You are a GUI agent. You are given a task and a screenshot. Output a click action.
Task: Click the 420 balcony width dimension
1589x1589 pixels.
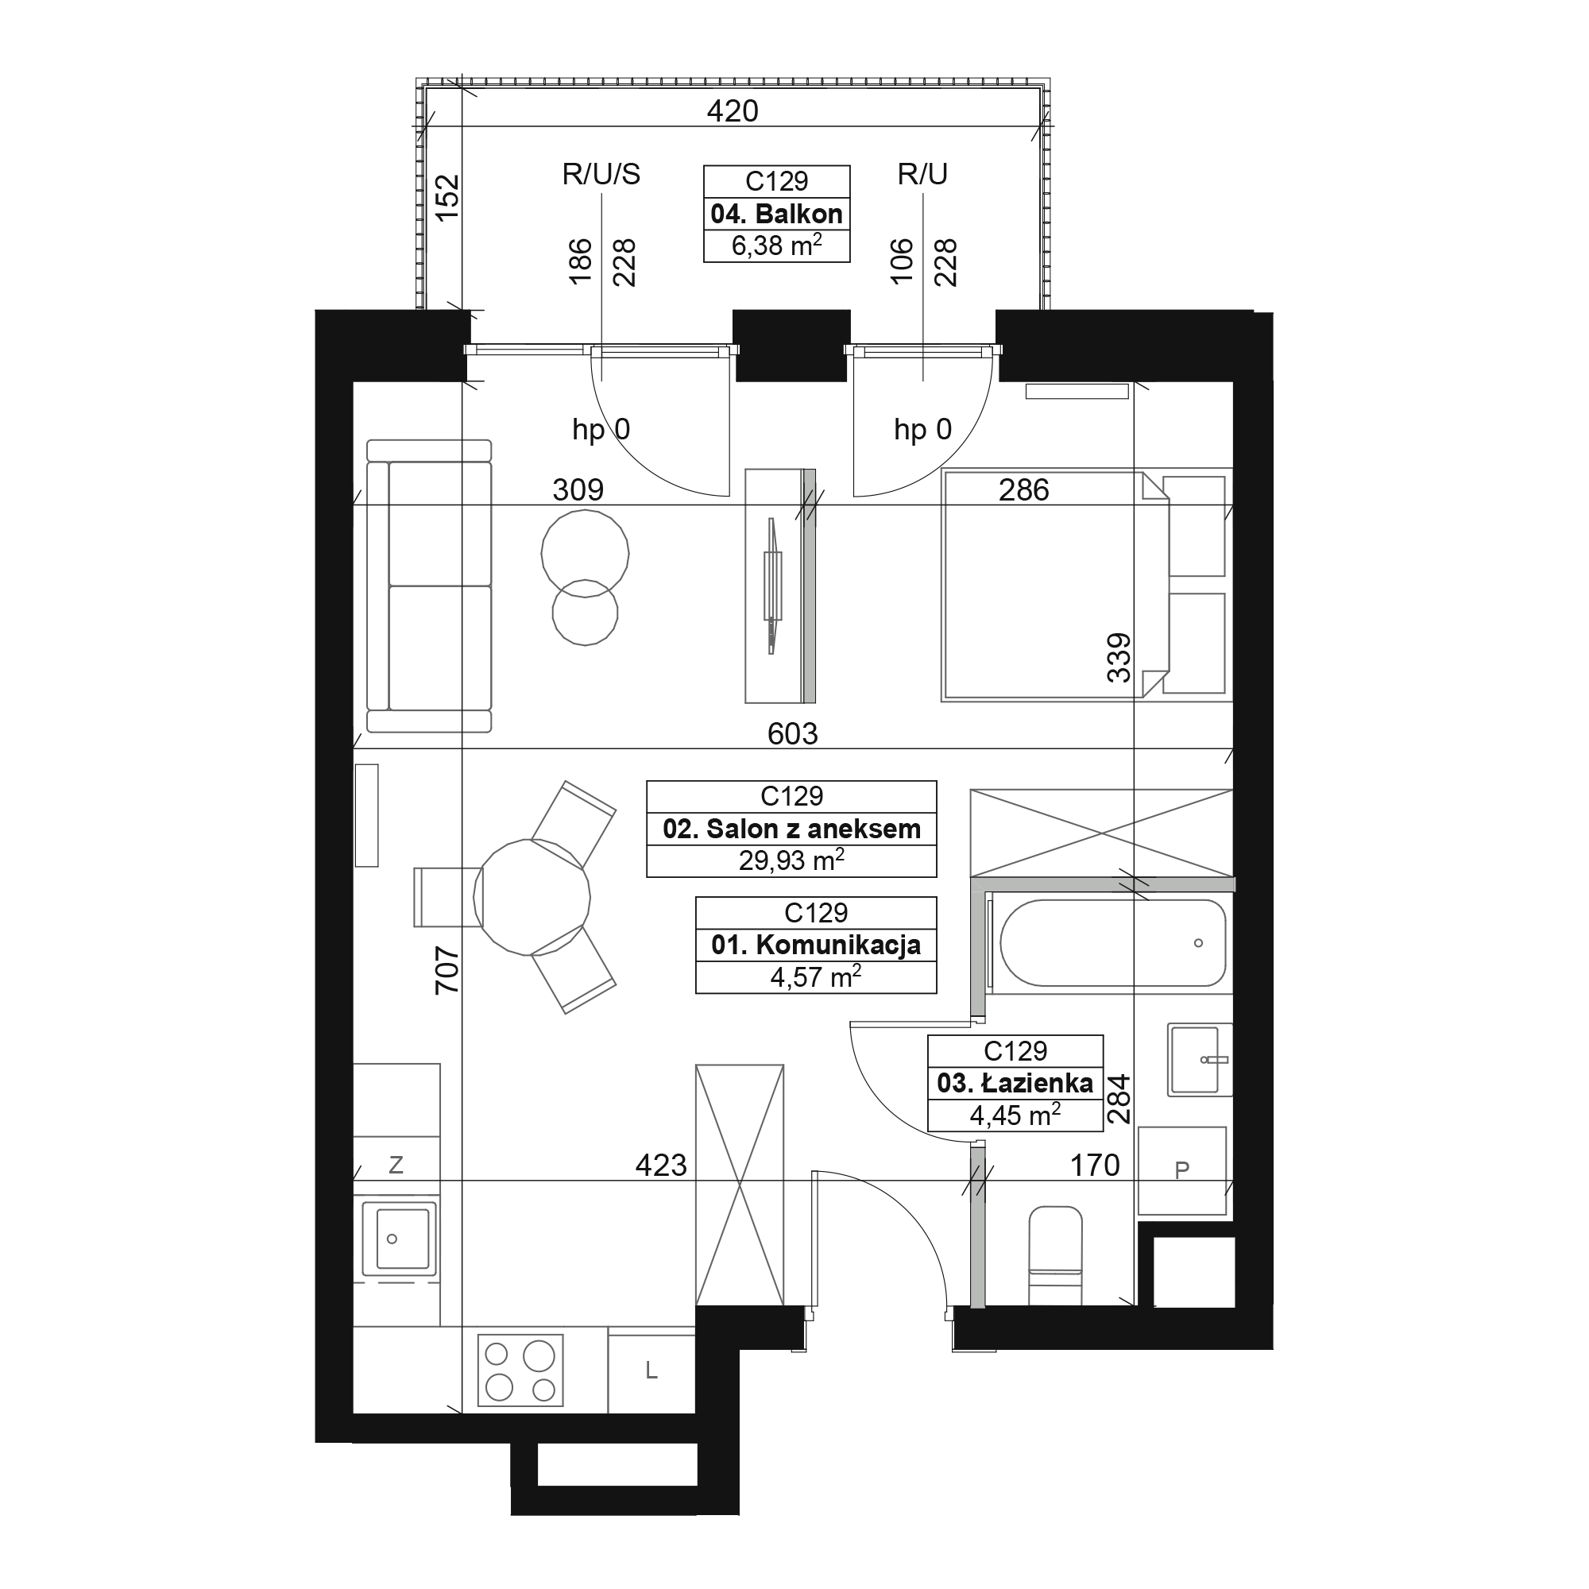pyautogui.click(x=732, y=111)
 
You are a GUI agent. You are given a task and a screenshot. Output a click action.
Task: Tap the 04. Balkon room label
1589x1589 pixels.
pyautogui.click(x=776, y=214)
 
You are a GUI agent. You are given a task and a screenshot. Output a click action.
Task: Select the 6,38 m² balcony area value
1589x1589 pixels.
pyautogui.click(x=776, y=245)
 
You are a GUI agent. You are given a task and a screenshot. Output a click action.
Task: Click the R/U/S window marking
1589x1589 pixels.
pyautogui.click(x=601, y=174)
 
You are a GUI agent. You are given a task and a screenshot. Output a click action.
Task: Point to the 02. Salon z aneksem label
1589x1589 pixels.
pyautogui.click(x=791, y=828)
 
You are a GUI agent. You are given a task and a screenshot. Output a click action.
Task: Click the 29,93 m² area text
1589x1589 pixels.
pyautogui.click(x=791, y=860)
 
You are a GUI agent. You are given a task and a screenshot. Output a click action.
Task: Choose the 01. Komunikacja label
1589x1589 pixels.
pyautogui.click(x=815, y=945)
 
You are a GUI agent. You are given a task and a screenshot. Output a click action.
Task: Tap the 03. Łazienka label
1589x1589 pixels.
pyautogui.click(x=1015, y=1083)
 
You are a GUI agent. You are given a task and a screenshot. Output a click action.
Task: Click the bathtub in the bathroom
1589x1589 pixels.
pyautogui.click(x=1112, y=942)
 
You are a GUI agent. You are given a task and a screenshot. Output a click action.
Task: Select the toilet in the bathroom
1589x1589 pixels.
pyautogui.click(x=1055, y=1255)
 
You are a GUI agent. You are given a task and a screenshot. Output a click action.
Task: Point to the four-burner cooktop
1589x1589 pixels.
pyautogui.click(x=520, y=1371)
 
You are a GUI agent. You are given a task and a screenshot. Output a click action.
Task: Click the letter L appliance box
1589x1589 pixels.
pyautogui.click(x=651, y=1371)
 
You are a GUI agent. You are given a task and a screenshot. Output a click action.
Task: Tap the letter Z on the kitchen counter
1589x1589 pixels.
pyautogui.click(x=396, y=1165)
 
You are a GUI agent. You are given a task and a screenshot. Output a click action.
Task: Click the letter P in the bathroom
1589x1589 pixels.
pyautogui.click(x=1182, y=1170)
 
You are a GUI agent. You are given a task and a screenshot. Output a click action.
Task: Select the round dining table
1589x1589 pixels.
pyautogui.click(x=532, y=897)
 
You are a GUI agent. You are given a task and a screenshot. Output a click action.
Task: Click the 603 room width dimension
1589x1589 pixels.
pyautogui.click(x=792, y=733)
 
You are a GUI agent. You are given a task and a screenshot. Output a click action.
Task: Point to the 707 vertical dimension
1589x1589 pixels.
pyautogui.click(x=447, y=971)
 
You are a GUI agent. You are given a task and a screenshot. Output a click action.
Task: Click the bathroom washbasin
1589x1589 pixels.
pyautogui.click(x=1199, y=1060)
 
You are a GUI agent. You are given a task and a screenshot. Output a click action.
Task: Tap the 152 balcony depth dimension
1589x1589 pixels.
pyautogui.click(x=447, y=197)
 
